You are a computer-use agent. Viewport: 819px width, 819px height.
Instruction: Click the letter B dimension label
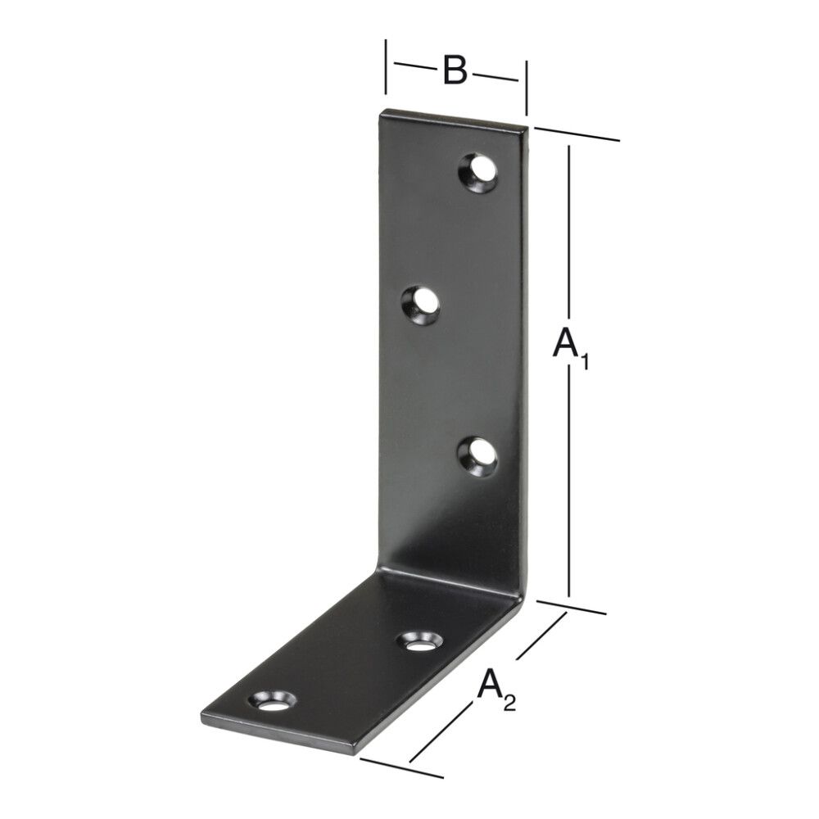tap(455, 71)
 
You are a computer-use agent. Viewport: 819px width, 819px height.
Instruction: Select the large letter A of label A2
tap(489, 685)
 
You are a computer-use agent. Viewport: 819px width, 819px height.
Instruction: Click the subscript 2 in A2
tap(509, 702)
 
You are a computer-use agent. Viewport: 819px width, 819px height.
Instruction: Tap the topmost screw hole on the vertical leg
tap(479, 171)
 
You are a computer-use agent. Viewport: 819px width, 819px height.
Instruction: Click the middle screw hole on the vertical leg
tap(421, 305)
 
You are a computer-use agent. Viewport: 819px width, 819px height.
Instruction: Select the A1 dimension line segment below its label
tap(569, 491)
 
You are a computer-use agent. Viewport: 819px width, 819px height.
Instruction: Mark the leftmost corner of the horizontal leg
tap(202, 717)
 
